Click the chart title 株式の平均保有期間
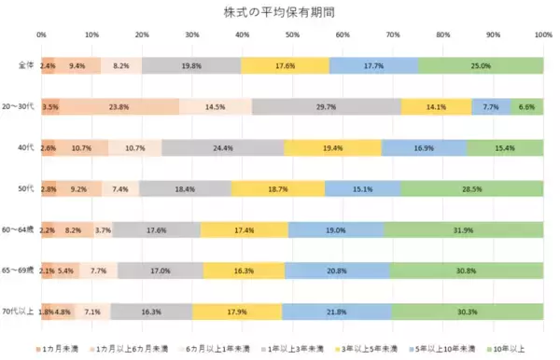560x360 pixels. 280,12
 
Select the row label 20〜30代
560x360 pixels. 20,106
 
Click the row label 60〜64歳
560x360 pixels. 20,228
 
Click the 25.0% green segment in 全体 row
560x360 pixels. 480,66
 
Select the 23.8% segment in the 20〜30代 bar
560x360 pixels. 119,106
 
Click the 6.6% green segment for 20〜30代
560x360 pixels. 526,106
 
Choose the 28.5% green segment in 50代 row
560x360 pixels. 471,188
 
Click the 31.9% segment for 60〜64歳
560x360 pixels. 463,228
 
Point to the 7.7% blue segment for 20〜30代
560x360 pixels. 491,106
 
